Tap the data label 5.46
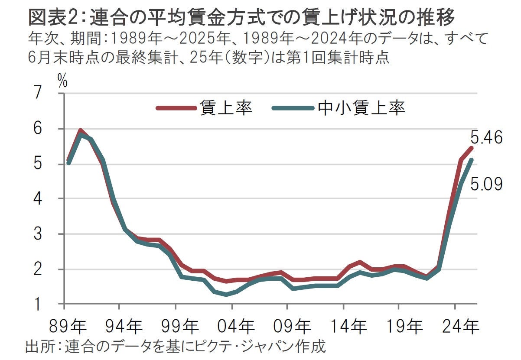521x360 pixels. point(486,138)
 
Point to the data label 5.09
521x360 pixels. point(486,185)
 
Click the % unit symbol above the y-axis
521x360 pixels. point(62,82)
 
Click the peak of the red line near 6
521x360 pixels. point(80,130)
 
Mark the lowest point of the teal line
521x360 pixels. point(226,295)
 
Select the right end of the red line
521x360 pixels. point(471,148)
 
